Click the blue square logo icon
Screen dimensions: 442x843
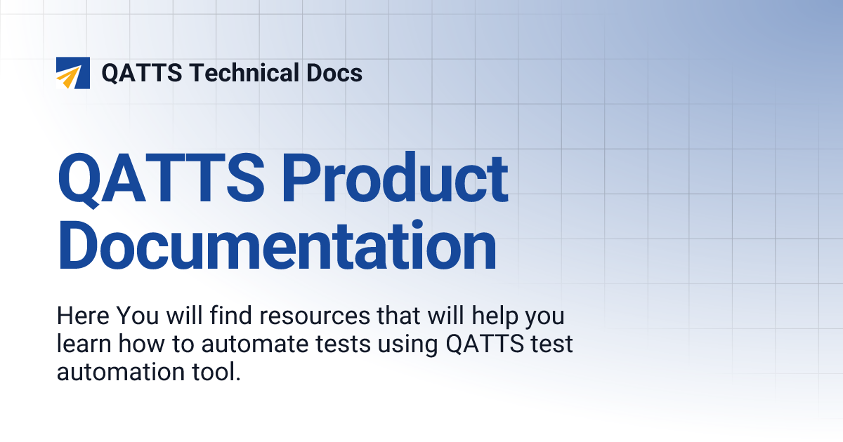click(x=72, y=73)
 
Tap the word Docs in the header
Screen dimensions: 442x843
click(x=338, y=73)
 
